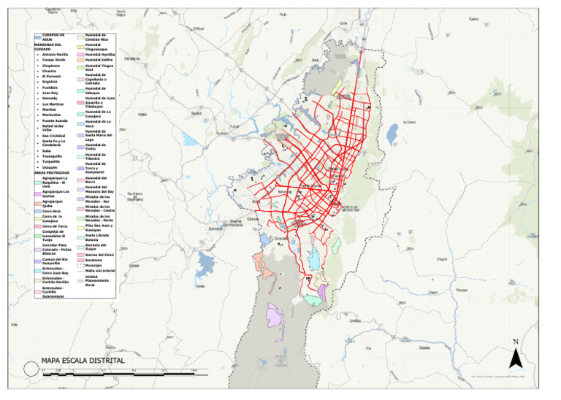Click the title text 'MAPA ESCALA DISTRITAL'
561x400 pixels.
tap(83, 361)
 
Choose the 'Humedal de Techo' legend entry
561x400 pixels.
tap(96, 147)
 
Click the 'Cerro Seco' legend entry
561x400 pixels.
tap(51, 211)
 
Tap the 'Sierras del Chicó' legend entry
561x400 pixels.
tap(99, 254)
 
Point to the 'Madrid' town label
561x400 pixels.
tap(195, 113)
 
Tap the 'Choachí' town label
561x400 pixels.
tap(441, 258)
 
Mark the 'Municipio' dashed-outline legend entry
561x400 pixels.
tap(93, 265)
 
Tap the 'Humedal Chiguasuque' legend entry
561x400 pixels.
tap(96, 47)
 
